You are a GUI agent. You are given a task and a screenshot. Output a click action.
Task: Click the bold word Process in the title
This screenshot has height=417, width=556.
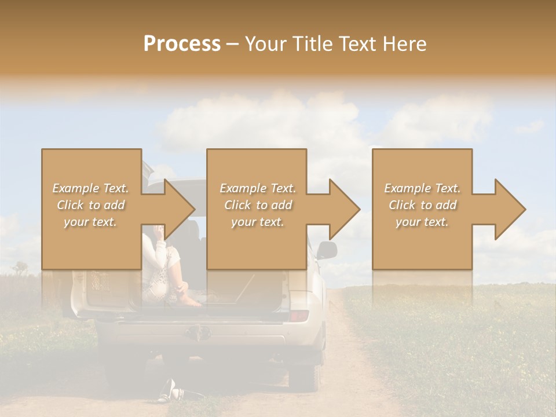point(182,44)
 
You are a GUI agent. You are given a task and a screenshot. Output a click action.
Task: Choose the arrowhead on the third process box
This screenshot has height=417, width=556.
point(510,209)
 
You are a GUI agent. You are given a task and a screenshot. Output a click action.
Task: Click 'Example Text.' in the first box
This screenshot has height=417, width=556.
point(91,188)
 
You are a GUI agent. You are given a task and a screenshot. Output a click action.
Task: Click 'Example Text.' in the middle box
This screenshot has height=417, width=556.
point(258,188)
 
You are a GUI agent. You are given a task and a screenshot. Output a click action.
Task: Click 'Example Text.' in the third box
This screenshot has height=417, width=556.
point(422,188)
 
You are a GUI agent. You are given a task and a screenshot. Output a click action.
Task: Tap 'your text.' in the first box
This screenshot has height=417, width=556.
point(91,222)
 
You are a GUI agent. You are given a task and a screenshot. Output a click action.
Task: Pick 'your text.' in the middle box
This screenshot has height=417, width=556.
point(258,222)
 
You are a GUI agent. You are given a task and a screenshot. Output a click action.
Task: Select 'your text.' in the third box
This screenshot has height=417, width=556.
point(422,222)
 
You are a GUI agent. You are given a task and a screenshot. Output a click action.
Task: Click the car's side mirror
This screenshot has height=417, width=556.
point(327,250)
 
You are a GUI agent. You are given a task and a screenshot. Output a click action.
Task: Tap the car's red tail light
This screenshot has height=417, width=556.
point(299,316)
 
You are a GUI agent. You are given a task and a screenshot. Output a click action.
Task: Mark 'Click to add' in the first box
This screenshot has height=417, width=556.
point(91,205)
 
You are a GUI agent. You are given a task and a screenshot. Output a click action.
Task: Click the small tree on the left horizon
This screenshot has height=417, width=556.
point(21,268)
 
